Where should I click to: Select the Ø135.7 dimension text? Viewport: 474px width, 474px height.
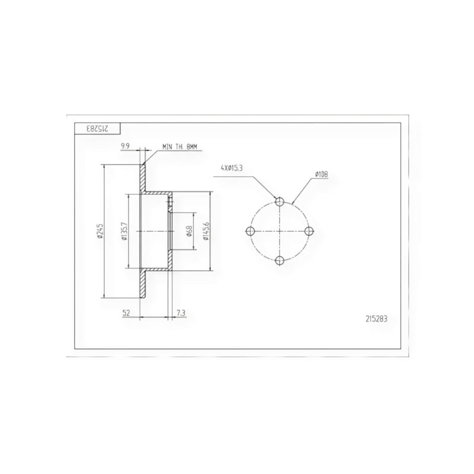point(124,232)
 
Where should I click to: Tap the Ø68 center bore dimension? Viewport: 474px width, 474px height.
point(188,231)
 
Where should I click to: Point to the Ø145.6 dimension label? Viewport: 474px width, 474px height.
point(206,231)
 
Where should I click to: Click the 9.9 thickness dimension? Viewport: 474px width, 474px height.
point(126,145)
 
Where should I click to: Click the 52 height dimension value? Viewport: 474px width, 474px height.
point(126,313)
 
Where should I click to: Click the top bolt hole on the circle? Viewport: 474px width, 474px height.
point(279,202)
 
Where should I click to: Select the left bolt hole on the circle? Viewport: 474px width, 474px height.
point(251,230)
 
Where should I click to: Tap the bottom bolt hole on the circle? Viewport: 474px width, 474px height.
point(279,259)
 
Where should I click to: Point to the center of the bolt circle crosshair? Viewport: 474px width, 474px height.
point(279,230)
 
